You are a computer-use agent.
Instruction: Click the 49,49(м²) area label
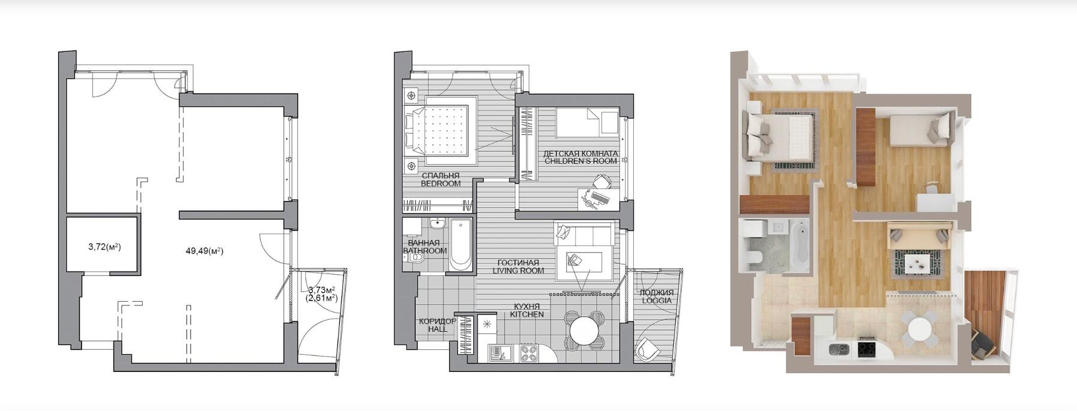(x=204, y=251)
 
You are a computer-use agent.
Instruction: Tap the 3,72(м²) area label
(x=104, y=247)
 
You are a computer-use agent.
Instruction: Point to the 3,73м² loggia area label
(x=321, y=290)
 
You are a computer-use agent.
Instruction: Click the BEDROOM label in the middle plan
(x=441, y=184)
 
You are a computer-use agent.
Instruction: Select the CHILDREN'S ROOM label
(x=580, y=161)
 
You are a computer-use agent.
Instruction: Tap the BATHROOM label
(x=425, y=251)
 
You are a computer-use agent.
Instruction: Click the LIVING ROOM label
(x=519, y=271)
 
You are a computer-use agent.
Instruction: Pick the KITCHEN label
(x=527, y=314)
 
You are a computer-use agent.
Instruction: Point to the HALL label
(x=437, y=329)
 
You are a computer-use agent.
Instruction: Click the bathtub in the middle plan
(x=461, y=244)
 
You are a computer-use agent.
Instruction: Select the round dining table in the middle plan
(x=584, y=329)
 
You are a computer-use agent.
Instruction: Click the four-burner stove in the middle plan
(x=528, y=353)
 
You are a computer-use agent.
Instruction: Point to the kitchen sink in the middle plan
(x=498, y=353)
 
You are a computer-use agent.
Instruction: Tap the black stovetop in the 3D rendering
(x=867, y=348)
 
